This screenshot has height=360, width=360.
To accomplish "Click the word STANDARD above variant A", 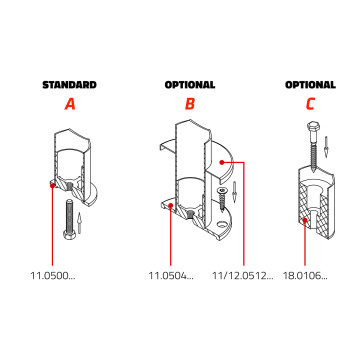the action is click(x=69, y=85).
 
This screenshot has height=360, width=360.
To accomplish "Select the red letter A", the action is click(x=70, y=104).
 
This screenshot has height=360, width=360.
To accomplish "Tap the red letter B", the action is click(x=190, y=104).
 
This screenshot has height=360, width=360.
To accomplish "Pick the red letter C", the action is click(x=310, y=104).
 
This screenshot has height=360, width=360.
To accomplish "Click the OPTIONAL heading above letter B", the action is click(x=190, y=85).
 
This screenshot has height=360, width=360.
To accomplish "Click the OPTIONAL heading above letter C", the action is click(x=310, y=85).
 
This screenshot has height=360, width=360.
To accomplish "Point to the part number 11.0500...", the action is click(x=53, y=276).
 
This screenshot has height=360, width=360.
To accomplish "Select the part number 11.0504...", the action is click(x=171, y=276).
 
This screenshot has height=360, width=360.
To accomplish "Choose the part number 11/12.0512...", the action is click(x=243, y=276).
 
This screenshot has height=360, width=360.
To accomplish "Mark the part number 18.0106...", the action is click(x=305, y=276).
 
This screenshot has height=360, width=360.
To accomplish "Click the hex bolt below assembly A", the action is click(x=69, y=219).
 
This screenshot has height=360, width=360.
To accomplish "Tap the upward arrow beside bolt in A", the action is click(x=79, y=223).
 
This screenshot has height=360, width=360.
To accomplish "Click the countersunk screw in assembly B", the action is click(x=222, y=198).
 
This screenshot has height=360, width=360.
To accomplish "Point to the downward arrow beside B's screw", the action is click(x=234, y=192).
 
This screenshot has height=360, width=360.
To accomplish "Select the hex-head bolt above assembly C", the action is click(x=313, y=149).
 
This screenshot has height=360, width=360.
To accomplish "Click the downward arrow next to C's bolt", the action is click(x=326, y=147).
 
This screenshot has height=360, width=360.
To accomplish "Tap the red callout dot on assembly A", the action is click(x=52, y=185).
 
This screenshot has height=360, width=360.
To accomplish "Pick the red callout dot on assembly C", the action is click(x=305, y=221).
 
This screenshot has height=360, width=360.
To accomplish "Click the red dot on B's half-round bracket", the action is click(x=221, y=162).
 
